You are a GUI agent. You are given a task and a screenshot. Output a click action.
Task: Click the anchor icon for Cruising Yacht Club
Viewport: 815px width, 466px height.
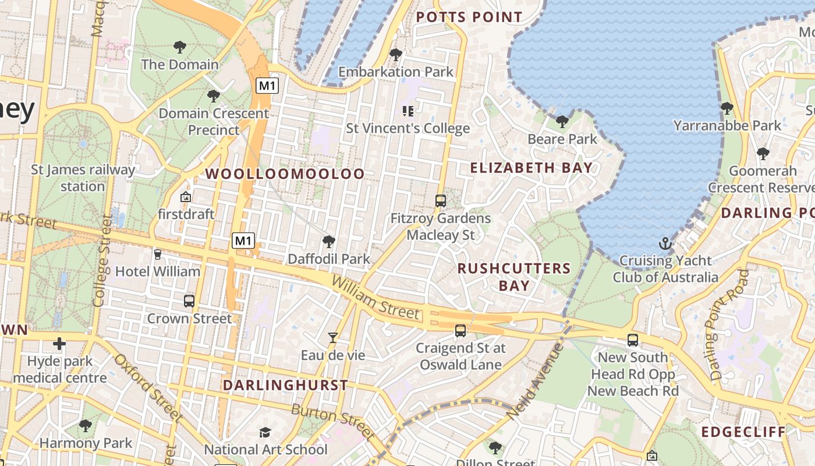(665, 243)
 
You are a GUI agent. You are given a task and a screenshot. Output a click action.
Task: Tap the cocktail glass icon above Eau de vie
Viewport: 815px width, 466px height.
(332, 337)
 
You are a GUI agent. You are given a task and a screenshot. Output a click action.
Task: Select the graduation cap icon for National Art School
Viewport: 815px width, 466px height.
(265, 432)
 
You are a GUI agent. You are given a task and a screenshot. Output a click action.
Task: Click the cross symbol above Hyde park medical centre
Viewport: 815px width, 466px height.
(59, 343)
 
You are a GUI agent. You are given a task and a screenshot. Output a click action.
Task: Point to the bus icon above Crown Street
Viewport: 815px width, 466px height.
(189, 301)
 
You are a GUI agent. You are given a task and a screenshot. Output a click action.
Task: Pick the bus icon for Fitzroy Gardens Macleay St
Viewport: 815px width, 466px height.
(441, 201)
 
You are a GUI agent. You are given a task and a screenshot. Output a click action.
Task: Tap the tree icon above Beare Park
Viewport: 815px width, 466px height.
(562, 122)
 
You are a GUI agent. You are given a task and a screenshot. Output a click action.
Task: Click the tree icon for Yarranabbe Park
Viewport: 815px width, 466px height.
(727, 108)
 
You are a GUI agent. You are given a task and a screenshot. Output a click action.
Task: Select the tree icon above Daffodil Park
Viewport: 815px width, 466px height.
(329, 241)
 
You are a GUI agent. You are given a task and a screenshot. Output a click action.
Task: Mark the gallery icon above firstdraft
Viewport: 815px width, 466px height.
(186, 197)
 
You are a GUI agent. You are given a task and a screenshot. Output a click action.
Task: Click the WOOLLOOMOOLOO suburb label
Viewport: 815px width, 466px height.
(285, 174)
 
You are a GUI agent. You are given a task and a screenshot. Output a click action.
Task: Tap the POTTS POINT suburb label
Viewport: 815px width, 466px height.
(469, 17)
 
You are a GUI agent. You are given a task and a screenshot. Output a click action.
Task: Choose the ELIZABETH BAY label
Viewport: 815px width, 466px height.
(531, 168)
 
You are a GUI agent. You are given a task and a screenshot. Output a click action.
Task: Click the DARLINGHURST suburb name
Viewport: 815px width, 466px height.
(285, 385)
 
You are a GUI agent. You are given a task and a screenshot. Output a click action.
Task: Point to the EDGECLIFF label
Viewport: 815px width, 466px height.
(743, 432)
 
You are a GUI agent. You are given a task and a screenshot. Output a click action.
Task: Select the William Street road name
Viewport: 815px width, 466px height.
(375, 298)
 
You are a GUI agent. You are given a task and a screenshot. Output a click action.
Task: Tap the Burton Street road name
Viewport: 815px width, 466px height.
(333, 421)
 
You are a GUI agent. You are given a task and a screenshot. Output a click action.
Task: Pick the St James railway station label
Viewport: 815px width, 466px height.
(83, 178)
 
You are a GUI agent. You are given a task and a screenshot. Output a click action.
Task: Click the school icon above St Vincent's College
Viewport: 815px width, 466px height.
(408, 111)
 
